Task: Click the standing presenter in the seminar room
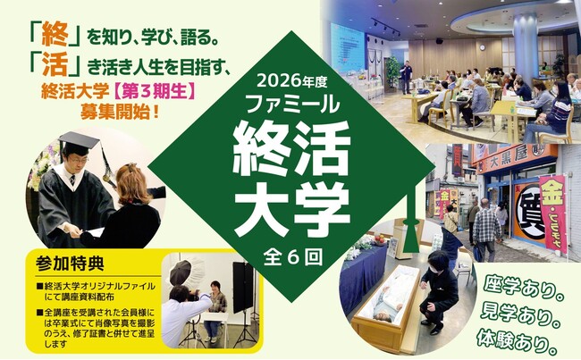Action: click(406, 75)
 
